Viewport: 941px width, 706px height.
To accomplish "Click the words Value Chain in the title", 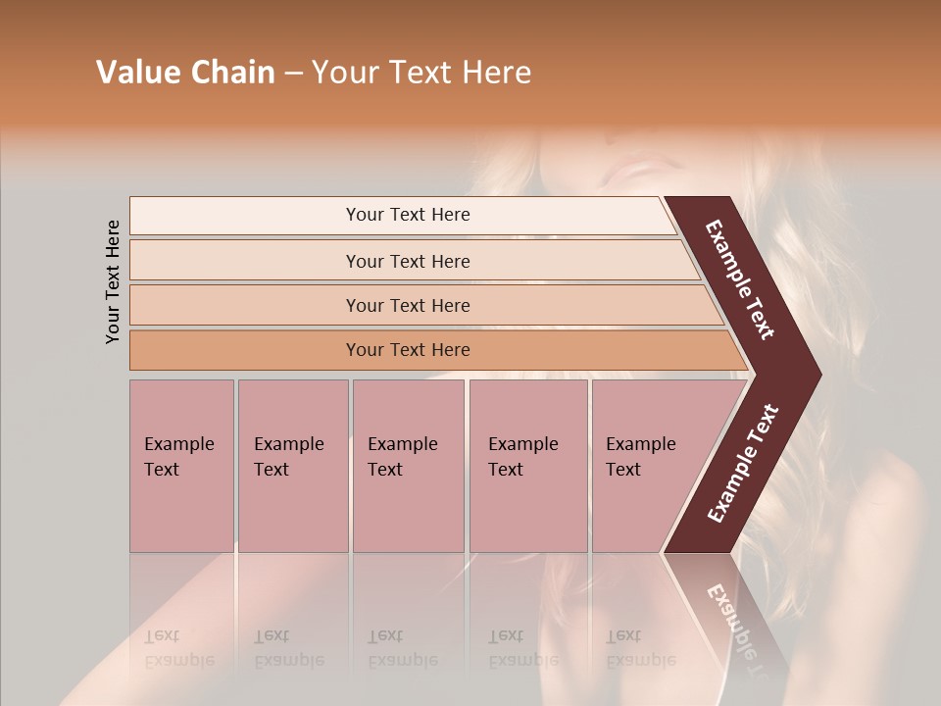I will point(185,73).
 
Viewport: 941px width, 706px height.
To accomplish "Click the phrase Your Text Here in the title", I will point(421,73).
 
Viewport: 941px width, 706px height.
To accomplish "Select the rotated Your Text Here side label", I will point(113,281).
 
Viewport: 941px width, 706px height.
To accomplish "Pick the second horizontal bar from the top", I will point(408,261).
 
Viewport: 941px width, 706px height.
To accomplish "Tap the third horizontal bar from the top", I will point(408,305).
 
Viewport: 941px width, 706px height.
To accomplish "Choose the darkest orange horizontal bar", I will point(408,350).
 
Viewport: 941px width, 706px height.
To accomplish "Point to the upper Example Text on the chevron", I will point(740,279).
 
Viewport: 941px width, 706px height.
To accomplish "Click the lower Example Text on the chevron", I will point(743,464).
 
